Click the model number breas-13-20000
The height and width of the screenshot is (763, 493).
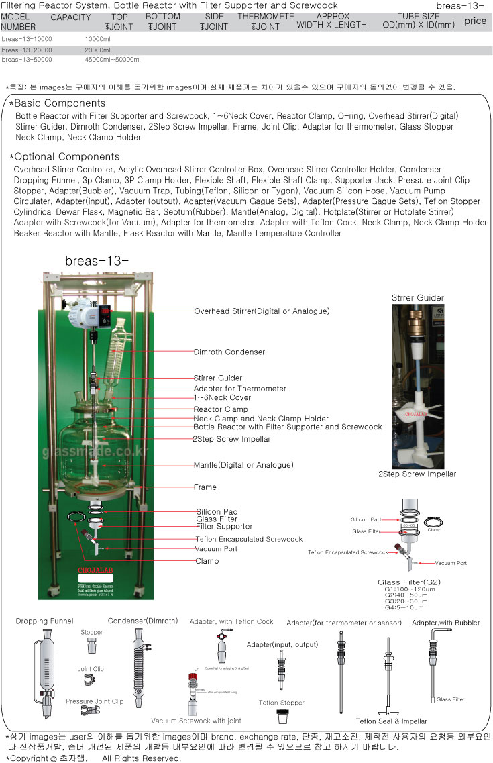click(27, 50)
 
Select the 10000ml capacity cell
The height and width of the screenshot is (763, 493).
click(97, 40)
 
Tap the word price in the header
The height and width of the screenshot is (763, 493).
click(475, 21)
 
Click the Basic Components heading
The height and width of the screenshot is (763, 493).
click(59, 103)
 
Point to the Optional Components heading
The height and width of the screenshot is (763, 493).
click(64, 156)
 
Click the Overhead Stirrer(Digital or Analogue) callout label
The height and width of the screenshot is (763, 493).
click(262, 311)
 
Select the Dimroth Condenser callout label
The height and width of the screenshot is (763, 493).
click(229, 352)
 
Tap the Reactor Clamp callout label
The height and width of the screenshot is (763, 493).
click(220, 409)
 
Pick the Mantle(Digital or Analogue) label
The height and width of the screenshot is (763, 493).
click(243, 465)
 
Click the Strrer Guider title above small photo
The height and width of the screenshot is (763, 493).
click(417, 298)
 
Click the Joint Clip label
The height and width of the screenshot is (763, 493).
click(91, 669)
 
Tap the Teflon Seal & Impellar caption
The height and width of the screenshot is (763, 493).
click(391, 721)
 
